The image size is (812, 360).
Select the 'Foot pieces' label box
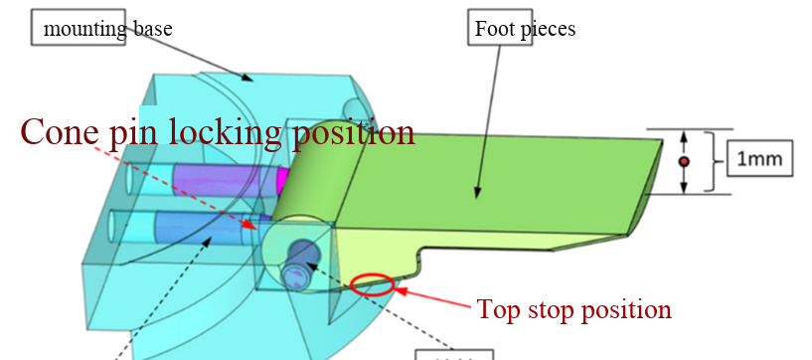522,28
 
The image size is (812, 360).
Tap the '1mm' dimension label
758,159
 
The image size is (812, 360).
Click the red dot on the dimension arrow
683,161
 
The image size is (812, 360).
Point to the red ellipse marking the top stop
373,284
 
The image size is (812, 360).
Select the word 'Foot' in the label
495,28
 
